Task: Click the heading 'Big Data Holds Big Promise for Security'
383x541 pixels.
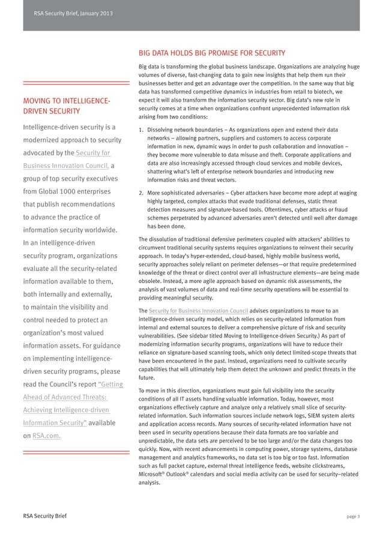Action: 211,53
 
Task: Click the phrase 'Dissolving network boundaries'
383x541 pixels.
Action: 184,130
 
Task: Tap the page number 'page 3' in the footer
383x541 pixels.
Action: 353,515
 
